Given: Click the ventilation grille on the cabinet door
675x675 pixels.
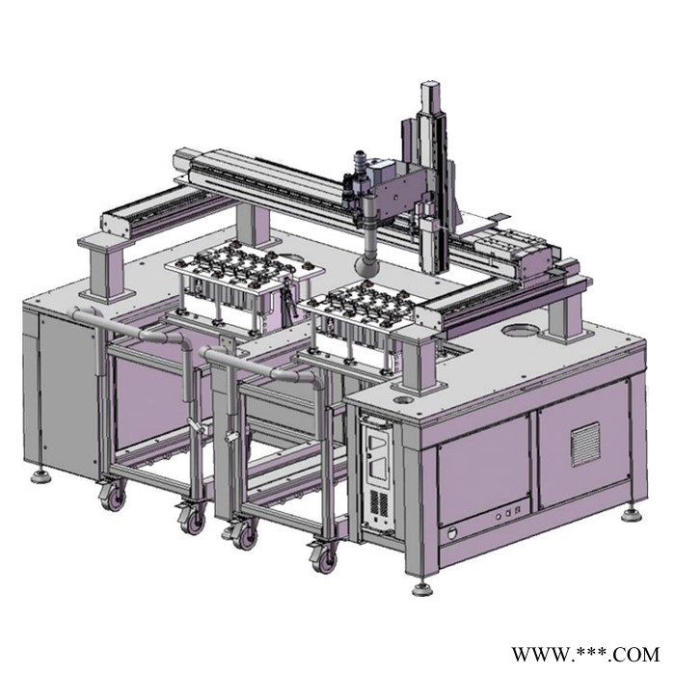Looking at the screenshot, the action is coord(585,445).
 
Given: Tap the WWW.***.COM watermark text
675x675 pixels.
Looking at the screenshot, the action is coord(585,655).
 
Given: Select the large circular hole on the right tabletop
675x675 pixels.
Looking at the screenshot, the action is coord(520,331).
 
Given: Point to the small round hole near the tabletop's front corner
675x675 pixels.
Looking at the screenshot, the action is coord(403,400).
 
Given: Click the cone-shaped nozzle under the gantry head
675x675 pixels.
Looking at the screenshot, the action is coord(366,265).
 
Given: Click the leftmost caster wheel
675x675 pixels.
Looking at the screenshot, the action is coord(114,499).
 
